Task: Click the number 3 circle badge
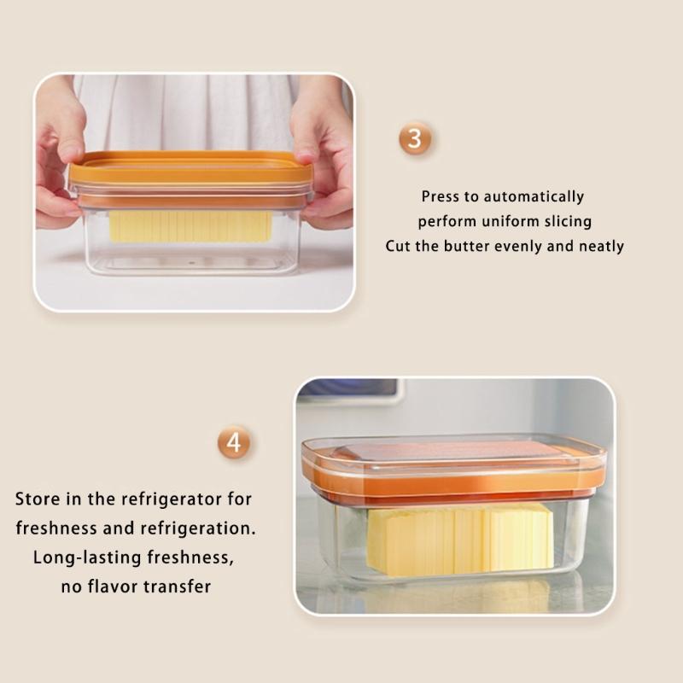pyautogui.click(x=414, y=138)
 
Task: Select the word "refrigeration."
pyautogui.click(x=189, y=528)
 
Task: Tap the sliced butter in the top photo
pyautogui.click(x=190, y=226)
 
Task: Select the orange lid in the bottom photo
pyautogui.click(x=452, y=470)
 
